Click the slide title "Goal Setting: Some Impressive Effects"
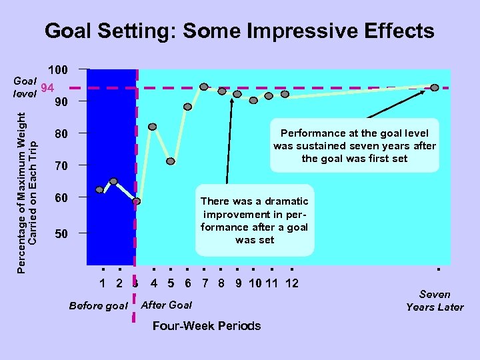[239, 31]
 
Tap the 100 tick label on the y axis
[59, 69]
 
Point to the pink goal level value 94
[47, 88]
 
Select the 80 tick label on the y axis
[61, 133]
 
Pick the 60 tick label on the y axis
[61, 198]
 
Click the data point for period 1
[100, 190]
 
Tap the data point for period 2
[113, 181]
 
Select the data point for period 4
[153, 127]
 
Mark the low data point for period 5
[171, 161]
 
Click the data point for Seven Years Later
[435, 87]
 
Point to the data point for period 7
[204, 87]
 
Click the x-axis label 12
[291, 283]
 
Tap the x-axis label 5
[171, 283]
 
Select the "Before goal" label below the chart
[98, 306]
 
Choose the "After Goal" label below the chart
[167, 305]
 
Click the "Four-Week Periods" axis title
[207, 326]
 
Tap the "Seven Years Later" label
[435, 301]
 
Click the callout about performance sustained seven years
[355, 146]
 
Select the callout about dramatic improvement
[255, 220]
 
